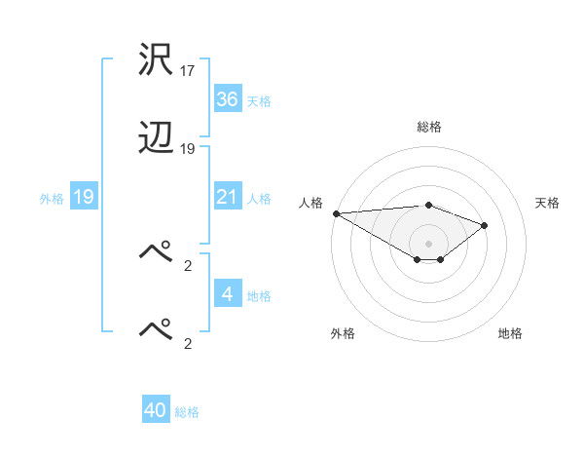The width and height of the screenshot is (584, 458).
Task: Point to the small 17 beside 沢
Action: (188, 71)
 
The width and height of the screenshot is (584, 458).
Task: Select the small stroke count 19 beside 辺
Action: (188, 149)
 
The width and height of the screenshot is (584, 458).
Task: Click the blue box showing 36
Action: (228, 99)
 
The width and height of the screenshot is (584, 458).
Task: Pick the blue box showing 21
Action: (228, 197)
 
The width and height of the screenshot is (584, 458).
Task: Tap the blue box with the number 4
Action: (228, 294)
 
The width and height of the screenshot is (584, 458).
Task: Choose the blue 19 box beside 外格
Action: (84, 198)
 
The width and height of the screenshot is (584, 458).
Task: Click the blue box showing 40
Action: (156, 410)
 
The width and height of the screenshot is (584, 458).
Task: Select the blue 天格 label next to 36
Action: (259, 101)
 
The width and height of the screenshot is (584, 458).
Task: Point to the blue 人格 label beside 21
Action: (259, 199)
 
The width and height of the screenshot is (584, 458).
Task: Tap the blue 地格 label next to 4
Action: (259, 296)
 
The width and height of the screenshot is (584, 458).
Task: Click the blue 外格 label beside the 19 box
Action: (52, 199)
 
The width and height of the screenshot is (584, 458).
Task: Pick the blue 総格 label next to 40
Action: (187, 412)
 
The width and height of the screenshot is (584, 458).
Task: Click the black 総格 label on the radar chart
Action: (428, 127)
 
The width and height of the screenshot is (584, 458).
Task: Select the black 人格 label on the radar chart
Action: (311, 203)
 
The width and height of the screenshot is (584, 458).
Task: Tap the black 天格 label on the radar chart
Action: (547, 203)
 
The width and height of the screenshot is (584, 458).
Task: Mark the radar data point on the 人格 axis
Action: (336, 213)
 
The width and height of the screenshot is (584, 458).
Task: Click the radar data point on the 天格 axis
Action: (485, 225)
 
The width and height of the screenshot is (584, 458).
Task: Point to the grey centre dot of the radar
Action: (428, 243)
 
